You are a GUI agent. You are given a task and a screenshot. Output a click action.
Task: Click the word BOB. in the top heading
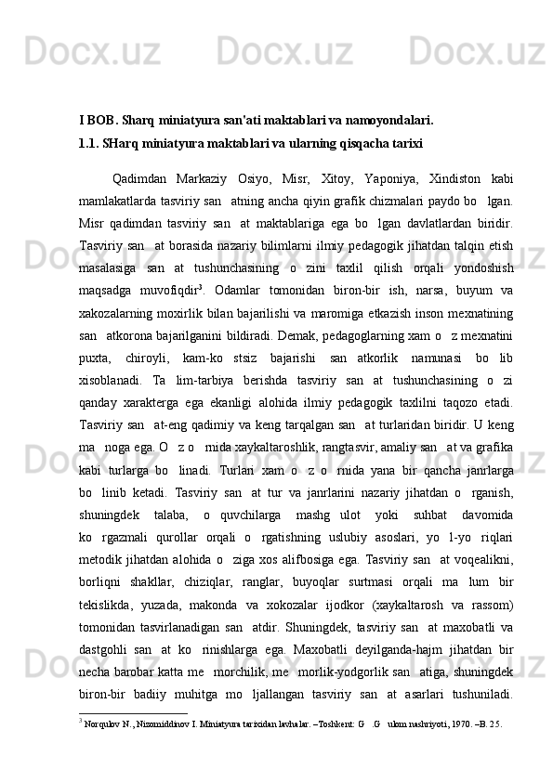click(x=99, y=120)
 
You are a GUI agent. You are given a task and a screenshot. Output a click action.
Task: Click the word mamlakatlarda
click(x=126, y=201)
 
